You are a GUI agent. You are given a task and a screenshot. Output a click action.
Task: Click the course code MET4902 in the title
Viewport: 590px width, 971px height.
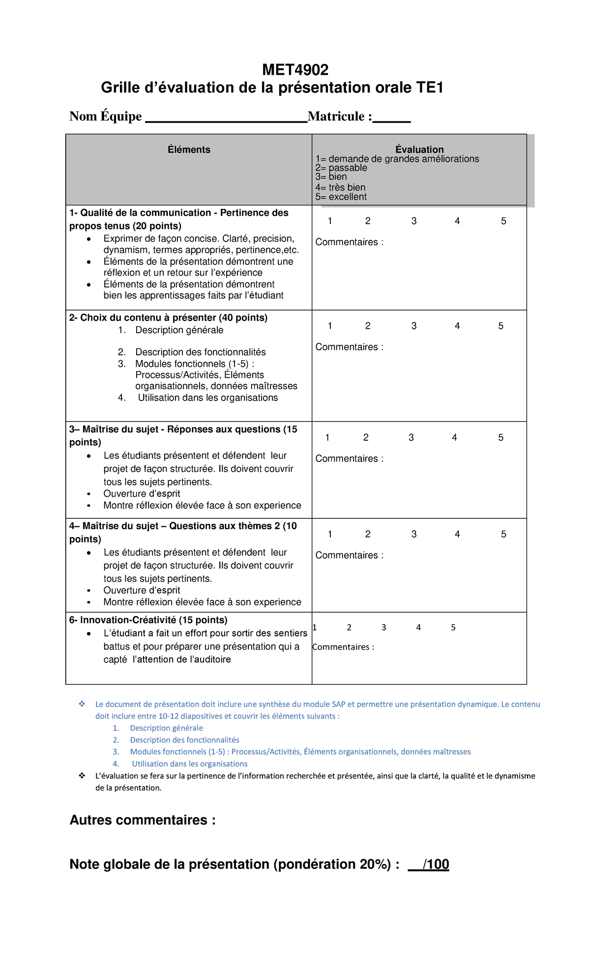pos(295,70)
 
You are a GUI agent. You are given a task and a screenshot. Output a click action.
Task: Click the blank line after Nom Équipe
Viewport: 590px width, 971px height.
pos(226,118)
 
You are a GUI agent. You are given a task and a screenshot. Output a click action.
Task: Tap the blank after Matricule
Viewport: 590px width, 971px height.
pos(391,118)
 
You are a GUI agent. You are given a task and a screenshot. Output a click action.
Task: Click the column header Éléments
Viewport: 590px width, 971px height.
pos(189,149)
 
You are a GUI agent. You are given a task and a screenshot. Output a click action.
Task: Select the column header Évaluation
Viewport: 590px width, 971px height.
pos(419,149)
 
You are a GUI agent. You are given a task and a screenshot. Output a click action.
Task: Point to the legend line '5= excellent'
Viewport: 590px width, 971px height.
pos(341,197)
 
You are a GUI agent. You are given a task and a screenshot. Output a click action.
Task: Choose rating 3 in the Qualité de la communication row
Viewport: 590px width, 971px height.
pos(414,221)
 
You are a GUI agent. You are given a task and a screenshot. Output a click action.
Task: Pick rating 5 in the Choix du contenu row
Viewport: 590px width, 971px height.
pos(501,326)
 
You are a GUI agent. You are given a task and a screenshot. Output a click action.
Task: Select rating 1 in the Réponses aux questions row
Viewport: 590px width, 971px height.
pos(327,437)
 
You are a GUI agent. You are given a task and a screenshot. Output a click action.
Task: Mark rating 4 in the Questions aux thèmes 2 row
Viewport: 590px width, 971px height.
pos(457,534)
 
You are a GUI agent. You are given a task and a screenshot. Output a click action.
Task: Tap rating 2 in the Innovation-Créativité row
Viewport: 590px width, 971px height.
pos(349,628)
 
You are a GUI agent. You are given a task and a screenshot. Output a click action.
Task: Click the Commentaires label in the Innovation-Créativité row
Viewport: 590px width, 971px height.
pos(343,647)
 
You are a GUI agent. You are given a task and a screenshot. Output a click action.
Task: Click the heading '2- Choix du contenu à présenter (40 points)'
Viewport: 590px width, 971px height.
pos(168,317)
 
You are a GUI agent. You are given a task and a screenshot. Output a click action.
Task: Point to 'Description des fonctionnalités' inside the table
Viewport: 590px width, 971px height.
pos(200,352)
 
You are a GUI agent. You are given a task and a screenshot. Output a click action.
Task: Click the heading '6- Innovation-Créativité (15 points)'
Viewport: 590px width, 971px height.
pos(148,620)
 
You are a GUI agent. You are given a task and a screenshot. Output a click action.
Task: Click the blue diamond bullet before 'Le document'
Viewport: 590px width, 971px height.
pos(82,704)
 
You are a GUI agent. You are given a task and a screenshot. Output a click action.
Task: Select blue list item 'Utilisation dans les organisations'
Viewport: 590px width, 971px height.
pos(190,764)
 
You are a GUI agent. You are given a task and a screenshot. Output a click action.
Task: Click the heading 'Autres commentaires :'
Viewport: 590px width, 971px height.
pos(143,820)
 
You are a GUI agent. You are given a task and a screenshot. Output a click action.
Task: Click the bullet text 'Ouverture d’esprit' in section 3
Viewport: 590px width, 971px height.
pos(142,494)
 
